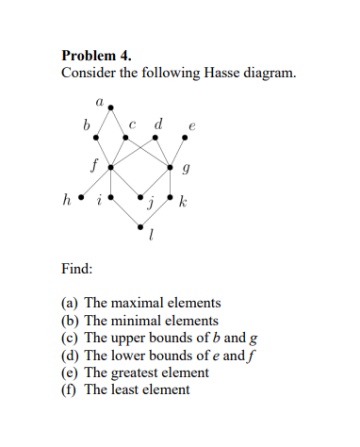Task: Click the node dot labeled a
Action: tap(113, 107)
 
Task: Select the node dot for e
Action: tap(185, 137)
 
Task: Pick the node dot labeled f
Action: tap(112, 167)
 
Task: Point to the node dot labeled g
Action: tap(171, 167)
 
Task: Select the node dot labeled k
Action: tap(171, 198)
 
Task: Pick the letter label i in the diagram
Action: tap(101, 198)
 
